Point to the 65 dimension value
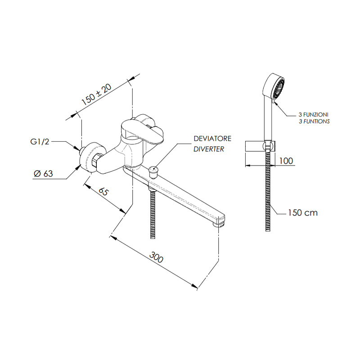(x=104, y=191)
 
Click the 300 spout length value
(x=156, y=258)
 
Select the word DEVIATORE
(x=212, y=138)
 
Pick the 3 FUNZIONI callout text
(x=313, y=115)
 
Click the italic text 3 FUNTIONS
(x=314, y=121)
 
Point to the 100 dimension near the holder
(x=286, y=161)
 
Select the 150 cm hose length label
(x=302, y=212)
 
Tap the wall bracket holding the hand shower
(x=269, y=146)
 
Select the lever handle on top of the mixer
(x=143, y=130)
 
